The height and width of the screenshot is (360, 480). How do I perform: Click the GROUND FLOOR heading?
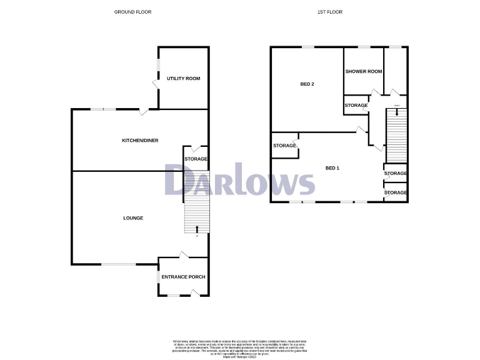click(132, 12)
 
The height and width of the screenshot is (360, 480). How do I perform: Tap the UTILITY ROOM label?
click(183, 78)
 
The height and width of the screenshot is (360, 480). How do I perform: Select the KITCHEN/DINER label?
click(139, 141)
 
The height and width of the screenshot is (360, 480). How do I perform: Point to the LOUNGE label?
click(133, 218)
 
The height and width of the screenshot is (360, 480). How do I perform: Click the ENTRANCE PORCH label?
click(183, 277)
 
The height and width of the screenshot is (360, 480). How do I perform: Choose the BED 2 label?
click(307, 84)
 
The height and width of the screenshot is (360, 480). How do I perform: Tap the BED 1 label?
click(332, 168)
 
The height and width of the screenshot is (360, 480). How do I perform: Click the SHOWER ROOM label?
click(364, 72)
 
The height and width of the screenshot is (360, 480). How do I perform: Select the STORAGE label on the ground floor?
click(196, 159)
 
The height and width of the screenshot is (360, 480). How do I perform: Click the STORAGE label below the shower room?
click(356, 106)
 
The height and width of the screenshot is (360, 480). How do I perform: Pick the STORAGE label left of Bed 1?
click(284, 146)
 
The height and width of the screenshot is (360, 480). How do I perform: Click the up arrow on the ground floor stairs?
click(197, 228)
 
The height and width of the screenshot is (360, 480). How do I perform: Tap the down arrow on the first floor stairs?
click(396, 113)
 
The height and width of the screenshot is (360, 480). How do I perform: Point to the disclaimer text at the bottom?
click(239, 347)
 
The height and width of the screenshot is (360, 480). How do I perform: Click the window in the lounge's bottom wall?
click(119, 264)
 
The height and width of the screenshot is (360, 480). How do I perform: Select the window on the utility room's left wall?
click(158, 66)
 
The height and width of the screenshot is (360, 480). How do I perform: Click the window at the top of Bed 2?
click(307, 47)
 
